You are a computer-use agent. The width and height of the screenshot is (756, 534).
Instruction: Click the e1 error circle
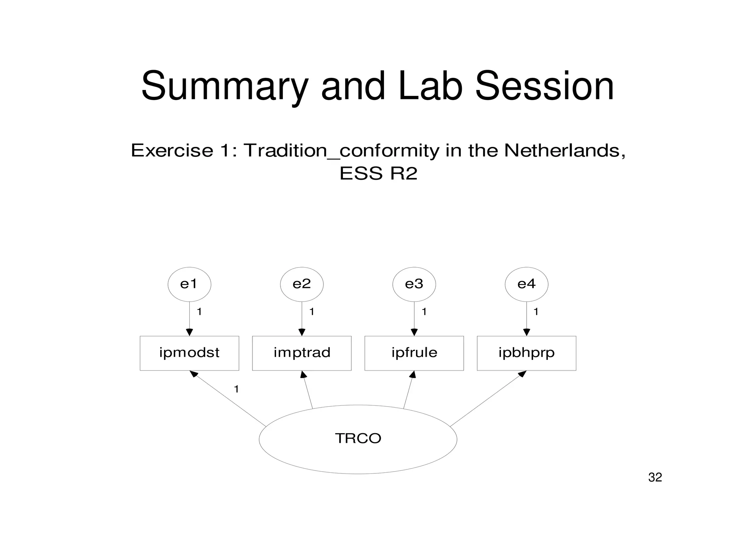pyautogui.click(x=189, y=284)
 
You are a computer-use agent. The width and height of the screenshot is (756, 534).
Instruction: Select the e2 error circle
pyautogui.click(x=302, y=284)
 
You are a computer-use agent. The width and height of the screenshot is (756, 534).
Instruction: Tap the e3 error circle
pyautogui.click(x=414, y=284)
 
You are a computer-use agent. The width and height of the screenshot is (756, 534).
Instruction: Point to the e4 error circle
pyautogui.click(x=526, y=284)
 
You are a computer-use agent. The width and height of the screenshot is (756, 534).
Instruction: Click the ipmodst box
pyautogui.click(x=189, y=353)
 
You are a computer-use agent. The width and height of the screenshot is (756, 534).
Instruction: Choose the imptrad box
pyautogui.click(x=302, y=353)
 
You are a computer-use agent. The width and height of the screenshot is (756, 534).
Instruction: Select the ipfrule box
pyautogui.click(x=414, y=353)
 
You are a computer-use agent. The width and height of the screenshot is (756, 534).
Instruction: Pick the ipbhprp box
pyautogui.click(x=526, y=353)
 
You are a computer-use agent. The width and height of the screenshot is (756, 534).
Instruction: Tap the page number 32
pyautogui.click(x=655, y=478)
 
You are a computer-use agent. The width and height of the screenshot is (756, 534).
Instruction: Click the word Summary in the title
pyautogui.click(x=224, y=87)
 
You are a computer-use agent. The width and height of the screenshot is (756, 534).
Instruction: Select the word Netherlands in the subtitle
pyautogui.click(x=564, y=150)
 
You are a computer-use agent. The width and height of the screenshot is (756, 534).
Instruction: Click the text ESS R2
pyautogui.click(x=378, y=173)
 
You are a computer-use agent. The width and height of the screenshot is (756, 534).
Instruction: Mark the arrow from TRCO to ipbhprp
pyautogui.click(x=488, y=399)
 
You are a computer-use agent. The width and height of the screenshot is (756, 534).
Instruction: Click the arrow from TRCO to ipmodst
pyautogui.click(x=228, y=399)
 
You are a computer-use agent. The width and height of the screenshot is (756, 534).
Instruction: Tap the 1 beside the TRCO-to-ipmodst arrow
pyautogui.click(x=236, y=389)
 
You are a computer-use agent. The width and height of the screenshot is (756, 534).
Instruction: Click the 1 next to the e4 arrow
pyautogui.click(x=536, y=312)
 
